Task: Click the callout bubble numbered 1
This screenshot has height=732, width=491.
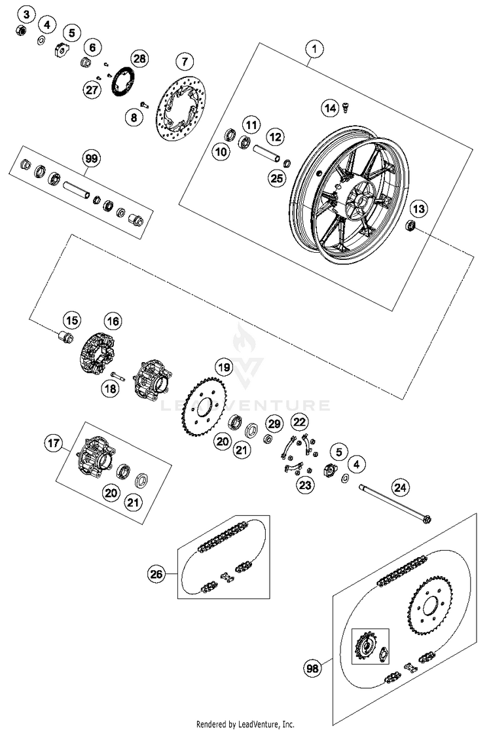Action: [x=315, y=49]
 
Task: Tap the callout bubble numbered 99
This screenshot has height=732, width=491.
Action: [x=90, y=158]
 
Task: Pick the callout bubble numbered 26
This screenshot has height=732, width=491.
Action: [x=156, y=574]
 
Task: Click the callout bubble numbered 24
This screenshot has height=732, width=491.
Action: [x=399, y=486]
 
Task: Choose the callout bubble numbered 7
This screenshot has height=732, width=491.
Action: [x=185, y=62]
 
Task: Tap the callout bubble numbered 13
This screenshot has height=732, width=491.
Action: [x=418, y=209]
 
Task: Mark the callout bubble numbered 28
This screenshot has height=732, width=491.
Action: [x=139, y=58]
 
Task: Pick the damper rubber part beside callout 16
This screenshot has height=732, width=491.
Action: [x=98, y=354]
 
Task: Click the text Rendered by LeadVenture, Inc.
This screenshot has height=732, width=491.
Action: [x=245, y=724]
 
